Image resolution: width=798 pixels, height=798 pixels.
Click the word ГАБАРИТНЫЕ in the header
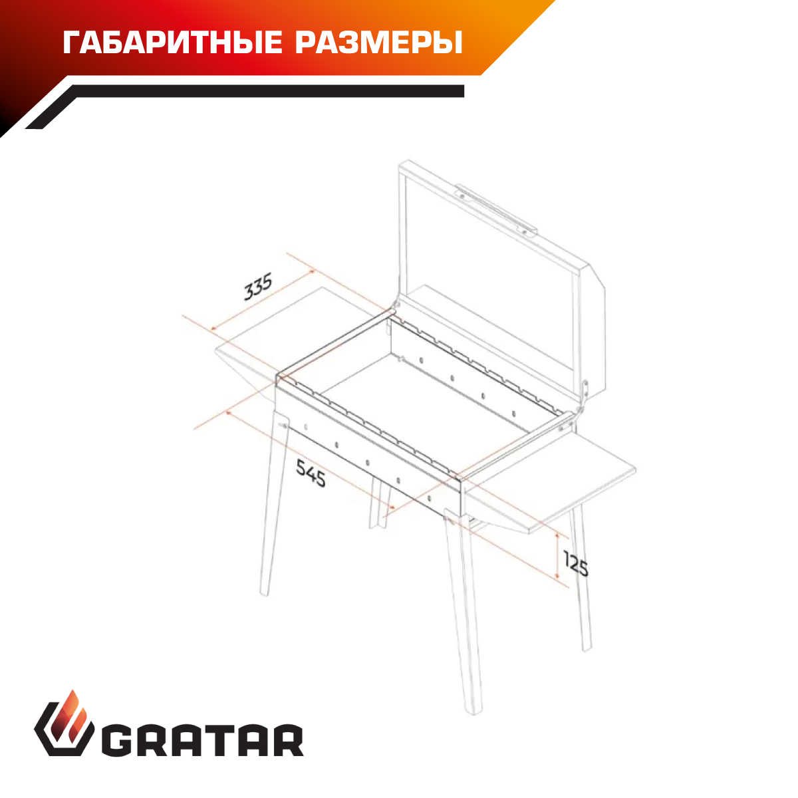[173, 43]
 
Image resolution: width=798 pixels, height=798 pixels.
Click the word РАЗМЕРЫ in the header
[379, 43]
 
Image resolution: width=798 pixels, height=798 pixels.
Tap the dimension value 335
[257, 287]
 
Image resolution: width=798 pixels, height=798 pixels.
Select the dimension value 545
[311, 473]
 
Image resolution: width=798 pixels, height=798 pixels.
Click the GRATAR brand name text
[203, 746]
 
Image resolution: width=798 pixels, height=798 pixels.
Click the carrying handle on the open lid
[496, 209]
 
